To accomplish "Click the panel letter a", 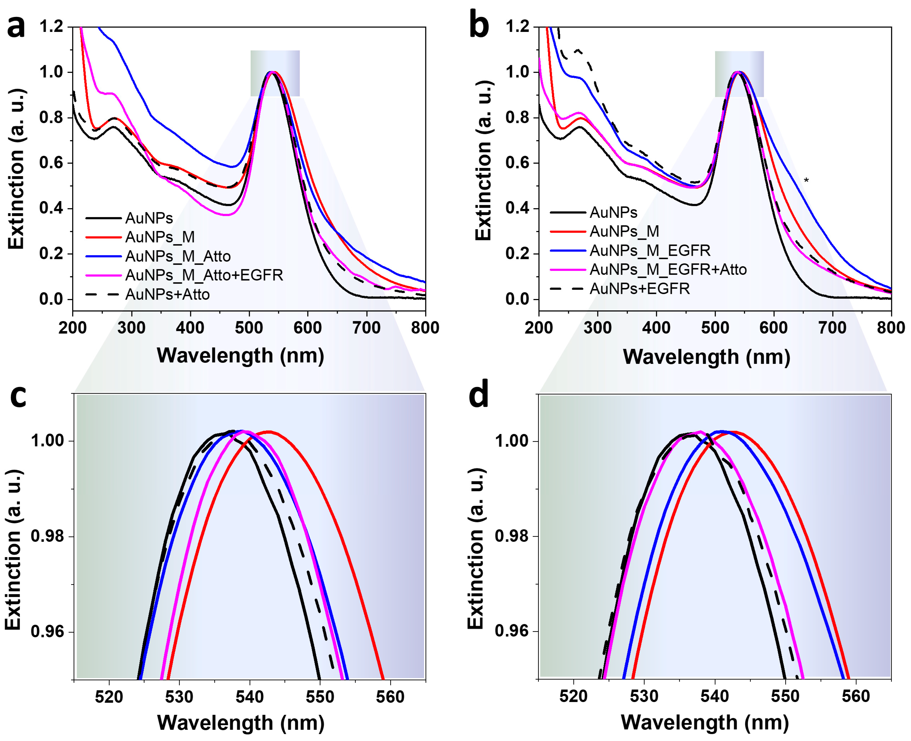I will (16, 26).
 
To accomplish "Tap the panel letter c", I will (18, 396).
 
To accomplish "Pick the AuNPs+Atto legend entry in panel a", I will (167, 294).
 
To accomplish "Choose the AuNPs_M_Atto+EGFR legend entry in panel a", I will (204, 275).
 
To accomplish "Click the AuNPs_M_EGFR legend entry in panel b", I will (650, 250).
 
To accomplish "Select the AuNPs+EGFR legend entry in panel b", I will (639, 289).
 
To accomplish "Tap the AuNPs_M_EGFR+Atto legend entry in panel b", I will (668, 269).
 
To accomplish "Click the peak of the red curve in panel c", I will (269, 432).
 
